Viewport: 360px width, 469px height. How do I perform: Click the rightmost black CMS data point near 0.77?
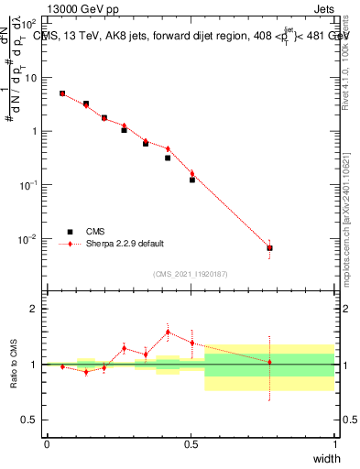coord(269,248)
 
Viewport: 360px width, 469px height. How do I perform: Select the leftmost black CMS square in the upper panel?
coord(62,93)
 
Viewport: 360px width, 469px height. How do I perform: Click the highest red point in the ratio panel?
coord(168,333)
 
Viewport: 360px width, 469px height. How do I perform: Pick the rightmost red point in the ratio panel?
coord(269,362)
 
